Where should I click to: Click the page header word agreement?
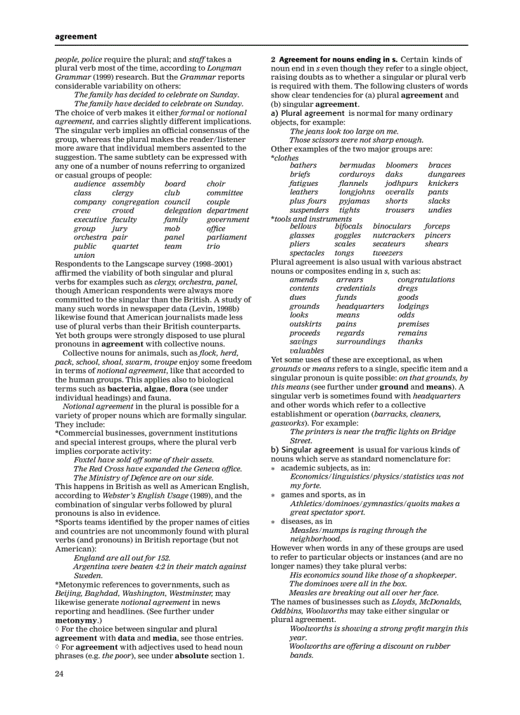(x=76, y=36)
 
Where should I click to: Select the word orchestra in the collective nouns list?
(x=90, y=237)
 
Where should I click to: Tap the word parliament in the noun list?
(x=226, y=237)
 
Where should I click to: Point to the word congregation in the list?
(x=135, y=202)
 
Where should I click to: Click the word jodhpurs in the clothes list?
(x=401, y=183)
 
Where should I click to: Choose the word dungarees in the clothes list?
(x=446, y=174)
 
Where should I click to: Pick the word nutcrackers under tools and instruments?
(x=394, y=236)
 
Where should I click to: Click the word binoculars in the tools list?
(x=393, y=227)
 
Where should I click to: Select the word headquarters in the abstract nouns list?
(x=360, y=306)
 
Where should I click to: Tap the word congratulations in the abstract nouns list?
(x=426, y=280)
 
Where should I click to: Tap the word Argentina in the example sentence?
(x=91, y=567)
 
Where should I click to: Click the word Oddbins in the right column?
(x=286, y=611)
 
